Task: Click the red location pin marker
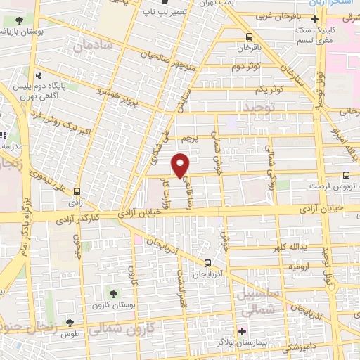(181, 165)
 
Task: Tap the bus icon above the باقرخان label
(248, 37)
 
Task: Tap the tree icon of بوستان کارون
(114, 292)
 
